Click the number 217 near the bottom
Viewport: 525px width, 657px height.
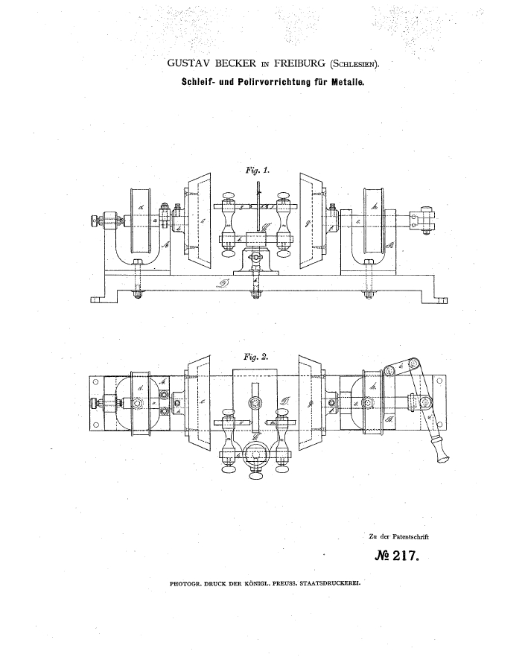[403, 555]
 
